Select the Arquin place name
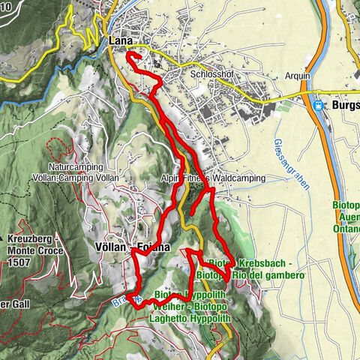pos(298,76)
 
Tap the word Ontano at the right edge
pos(348,232)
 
